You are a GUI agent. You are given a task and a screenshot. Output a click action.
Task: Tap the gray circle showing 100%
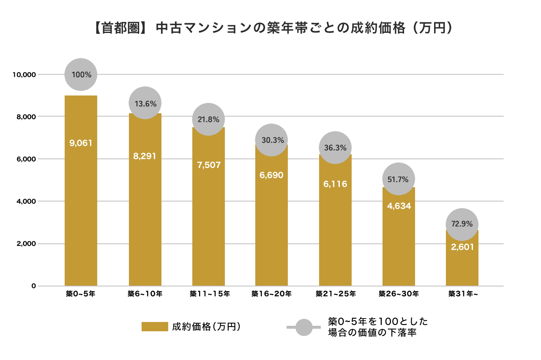coord(81,74)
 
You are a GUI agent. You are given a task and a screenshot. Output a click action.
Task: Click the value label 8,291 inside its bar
coord(145,156)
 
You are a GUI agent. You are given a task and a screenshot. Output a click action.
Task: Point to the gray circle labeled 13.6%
coord(145,103)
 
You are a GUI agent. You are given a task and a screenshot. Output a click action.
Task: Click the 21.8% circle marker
coord(208,119)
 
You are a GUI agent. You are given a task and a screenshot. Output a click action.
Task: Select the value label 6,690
coord(271,175)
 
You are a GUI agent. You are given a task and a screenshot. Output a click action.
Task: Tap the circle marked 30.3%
coord(272,140)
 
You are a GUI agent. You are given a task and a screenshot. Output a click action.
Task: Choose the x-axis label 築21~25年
coord(336,294)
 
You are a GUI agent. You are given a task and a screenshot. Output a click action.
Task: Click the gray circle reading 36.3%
coord(335,148)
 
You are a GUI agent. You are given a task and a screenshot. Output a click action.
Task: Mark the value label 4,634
coord(399,206)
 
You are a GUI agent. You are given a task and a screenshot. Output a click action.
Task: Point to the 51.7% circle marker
coord(399,179)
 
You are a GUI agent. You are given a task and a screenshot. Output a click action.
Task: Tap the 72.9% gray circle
coord(462,224)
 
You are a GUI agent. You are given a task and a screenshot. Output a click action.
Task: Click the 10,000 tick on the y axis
coord(23,75)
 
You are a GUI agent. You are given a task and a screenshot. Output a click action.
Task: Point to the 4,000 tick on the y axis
coord(25,202)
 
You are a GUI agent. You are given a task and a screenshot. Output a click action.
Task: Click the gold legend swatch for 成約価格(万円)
coord(155,327)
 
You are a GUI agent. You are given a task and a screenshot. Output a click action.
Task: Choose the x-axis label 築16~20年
coord(271,294)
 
